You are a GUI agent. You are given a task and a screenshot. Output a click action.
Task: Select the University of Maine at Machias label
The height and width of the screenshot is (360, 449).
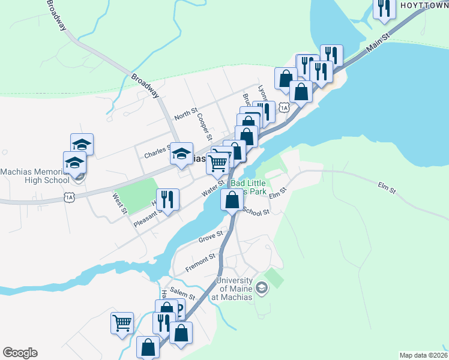pyautogui.click(x=234, y=289)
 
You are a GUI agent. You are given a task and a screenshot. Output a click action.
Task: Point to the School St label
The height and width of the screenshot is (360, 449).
pyautogui.click(x=257, y=211)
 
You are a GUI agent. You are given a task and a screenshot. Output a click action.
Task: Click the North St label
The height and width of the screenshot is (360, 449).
pyautogui.click(x=185, y=113)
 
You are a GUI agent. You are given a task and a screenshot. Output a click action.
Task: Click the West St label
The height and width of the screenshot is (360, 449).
pyautogui.click(x=120, y=203)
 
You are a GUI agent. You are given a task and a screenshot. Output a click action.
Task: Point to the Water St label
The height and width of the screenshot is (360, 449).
pyautogui.click(x=212, y=190)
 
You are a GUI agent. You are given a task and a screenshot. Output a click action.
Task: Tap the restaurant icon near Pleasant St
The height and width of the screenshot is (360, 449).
pyautogui.click(x=168, y=199)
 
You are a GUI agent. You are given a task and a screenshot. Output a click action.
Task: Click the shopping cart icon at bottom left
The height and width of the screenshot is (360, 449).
pyautogui.click(x=122, y=323)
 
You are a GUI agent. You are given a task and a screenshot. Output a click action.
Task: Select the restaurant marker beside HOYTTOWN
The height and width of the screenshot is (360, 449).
pyautogui.click(x=382, y=8)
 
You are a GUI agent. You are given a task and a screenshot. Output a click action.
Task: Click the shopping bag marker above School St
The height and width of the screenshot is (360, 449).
pyautogui.click(x=232, y=199)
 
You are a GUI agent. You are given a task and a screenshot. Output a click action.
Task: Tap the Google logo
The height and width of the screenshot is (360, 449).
pyautogui.click(x=20, y=353)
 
